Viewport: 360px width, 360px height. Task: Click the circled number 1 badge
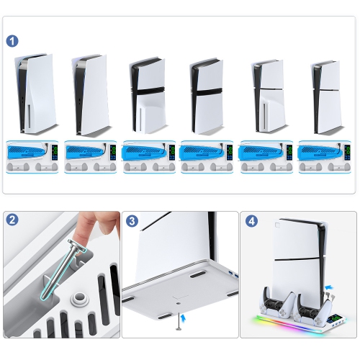click(12, 41)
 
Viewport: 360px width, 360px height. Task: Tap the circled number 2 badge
click(12, 220)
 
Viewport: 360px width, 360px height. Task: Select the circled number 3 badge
click(132, 221)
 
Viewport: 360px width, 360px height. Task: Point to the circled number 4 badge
click(252, 221)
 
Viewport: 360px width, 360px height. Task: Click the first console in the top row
click(36, 94)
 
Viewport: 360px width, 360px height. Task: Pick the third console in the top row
click(148, 95)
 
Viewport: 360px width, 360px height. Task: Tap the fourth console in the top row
click(207, 96)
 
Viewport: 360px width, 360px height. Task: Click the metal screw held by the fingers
click(63, 269)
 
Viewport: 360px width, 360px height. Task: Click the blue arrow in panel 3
click(184, 318)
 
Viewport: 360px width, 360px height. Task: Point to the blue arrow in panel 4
click(330, 287)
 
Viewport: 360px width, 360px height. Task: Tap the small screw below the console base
click(179, 322)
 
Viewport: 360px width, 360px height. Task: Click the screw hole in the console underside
click(178, 303)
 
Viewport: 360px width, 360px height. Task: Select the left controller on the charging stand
click(276, 303)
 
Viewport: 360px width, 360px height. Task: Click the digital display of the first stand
click(55, 153)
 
